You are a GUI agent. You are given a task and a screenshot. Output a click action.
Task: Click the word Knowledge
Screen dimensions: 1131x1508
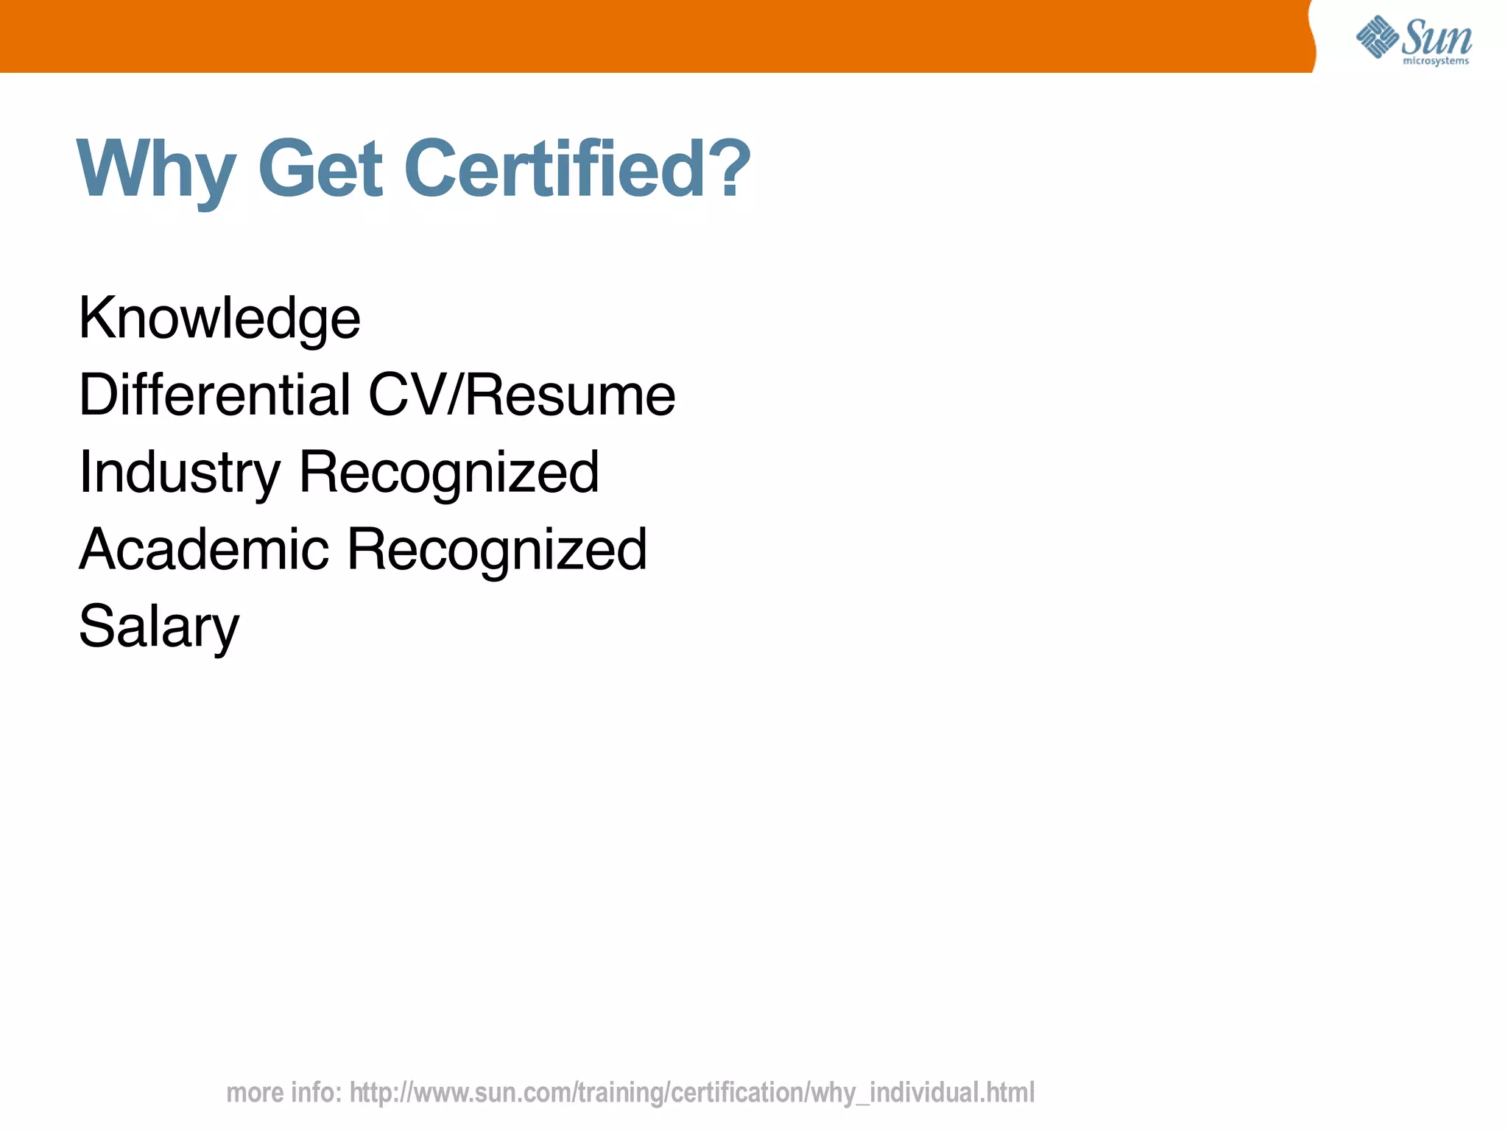click(x=219, y=319)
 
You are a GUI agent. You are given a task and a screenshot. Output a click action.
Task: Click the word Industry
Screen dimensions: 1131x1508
click(x=180, y=473)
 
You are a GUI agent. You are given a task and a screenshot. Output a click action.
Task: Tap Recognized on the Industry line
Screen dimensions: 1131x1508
click(x=449, y=473)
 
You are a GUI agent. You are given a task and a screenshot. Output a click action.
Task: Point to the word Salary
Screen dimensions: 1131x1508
click(x=159, y=627)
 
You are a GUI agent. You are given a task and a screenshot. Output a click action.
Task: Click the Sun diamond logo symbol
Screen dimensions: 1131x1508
click(x=1377, y=37)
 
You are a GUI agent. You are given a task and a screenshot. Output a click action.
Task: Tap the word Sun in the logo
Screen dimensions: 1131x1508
click(x=1437, y=37)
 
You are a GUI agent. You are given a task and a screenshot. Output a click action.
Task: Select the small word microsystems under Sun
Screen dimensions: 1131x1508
click(x=1436, y=61)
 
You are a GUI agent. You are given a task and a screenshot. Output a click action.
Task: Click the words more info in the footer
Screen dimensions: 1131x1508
click(x=283, y=1093)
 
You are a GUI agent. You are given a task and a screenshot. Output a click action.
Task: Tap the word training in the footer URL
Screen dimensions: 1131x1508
click(x=621, y=1093)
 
